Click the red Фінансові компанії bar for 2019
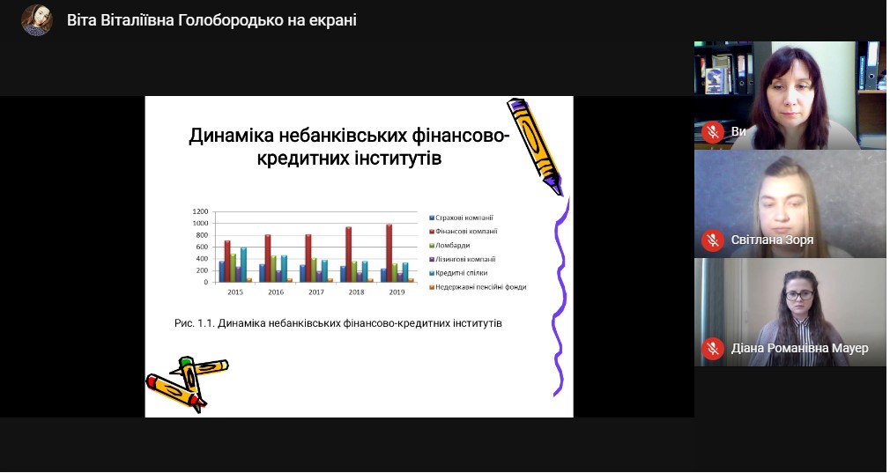click(389, 253)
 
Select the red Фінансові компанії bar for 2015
click(227, 262)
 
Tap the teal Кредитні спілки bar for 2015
click(243, 264)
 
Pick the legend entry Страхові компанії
click(461, 218)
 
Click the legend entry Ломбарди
click(449, 246)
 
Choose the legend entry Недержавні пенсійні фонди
click(478, 287)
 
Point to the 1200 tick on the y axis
click(200, 211)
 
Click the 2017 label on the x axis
click(316, 292)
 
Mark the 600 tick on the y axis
click(202, 247)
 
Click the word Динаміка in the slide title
click(232, 137)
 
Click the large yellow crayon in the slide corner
click(535, 146)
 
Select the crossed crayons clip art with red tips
click(187, 383)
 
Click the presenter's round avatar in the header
click(37, 20)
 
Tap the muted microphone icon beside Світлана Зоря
click(712, 240)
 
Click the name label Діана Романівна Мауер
click(799, 348)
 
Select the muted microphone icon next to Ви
click(712, 131)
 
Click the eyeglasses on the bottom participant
click(800, 295)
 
